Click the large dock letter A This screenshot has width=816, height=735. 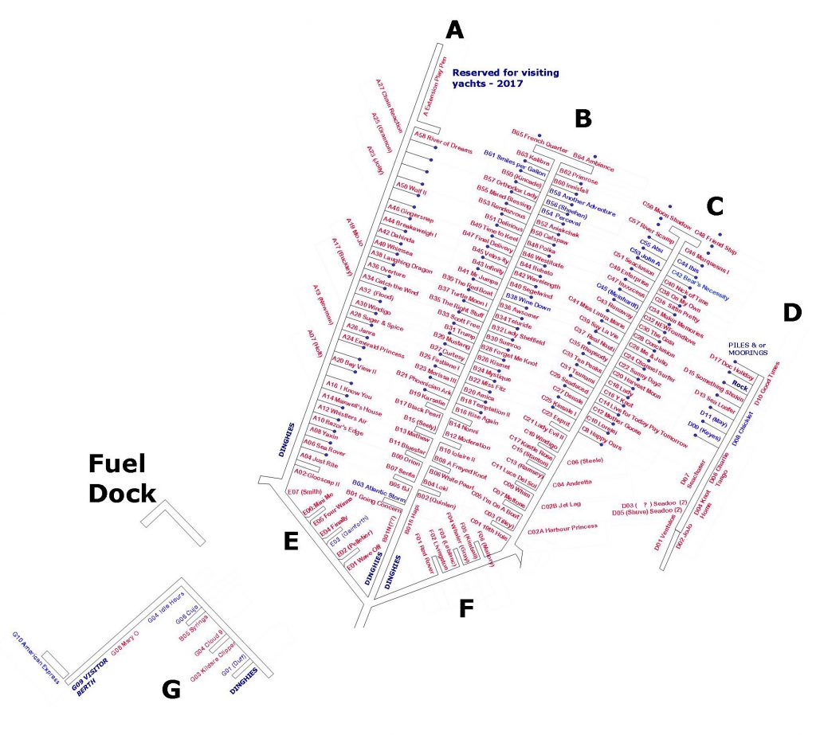[454, 30]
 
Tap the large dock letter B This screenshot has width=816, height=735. [583, 119]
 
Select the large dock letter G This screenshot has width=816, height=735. [171, 690]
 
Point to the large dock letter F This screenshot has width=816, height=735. [465, 609]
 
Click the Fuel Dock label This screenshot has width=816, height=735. [121, 479]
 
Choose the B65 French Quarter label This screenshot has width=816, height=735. [539, 140]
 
